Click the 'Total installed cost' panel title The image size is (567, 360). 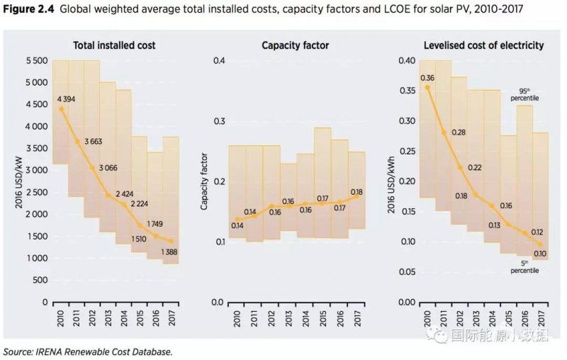pos(114,45)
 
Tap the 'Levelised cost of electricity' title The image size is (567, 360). pos(483,45)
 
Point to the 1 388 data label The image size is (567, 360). pos(168,252)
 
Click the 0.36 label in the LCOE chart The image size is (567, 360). pos(427,78)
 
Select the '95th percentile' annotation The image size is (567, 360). pos(524,94)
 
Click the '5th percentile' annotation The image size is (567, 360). pos(525,266)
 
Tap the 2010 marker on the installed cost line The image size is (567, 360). pos(62,109)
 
